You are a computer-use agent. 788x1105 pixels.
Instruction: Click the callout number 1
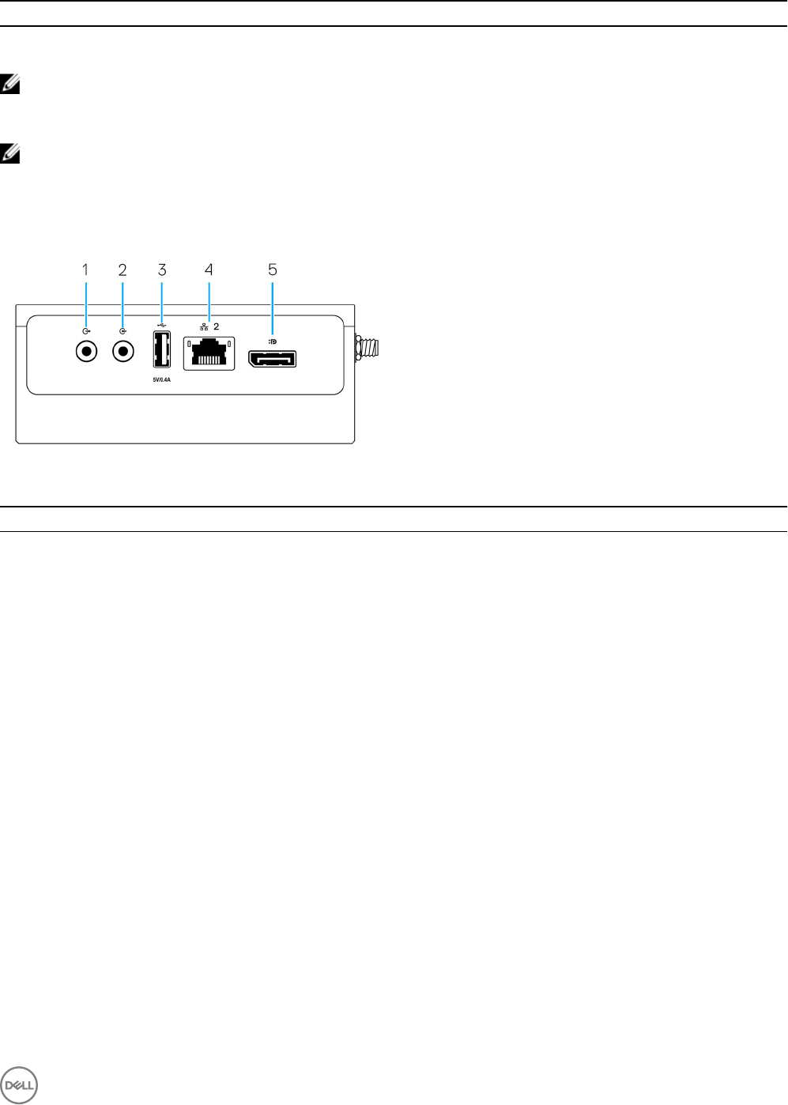point(85,270)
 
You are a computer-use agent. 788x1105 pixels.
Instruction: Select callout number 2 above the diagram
point(123,270)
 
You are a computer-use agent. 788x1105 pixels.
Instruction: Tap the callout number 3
point(162,270)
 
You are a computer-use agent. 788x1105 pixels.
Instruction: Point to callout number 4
point(209,270)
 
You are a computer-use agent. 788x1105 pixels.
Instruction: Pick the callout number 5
point(273,270)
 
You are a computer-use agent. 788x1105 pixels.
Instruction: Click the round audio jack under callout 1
point(86,351)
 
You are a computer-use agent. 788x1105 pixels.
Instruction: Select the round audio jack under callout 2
point(123,351)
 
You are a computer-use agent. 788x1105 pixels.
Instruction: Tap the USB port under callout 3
point(161,349)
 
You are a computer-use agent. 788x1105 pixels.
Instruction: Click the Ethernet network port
point(209,353)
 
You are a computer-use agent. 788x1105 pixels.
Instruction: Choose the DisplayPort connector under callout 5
point(273,359)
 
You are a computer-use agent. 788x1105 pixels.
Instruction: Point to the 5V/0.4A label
point(161,379)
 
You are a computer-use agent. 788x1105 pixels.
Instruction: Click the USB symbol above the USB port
point(162,323)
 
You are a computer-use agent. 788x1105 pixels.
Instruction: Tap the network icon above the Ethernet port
point(204,326)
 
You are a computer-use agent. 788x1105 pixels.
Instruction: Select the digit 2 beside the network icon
point(217,326)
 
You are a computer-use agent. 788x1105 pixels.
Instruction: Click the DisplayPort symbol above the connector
point(273,341)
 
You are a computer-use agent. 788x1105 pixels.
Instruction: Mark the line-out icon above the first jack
point(86,332)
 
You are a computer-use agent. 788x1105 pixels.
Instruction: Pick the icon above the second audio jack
point(123,332)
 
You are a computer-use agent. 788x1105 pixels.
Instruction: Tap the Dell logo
point(19,1084)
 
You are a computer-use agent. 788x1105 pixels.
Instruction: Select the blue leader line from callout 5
point(273,308)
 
